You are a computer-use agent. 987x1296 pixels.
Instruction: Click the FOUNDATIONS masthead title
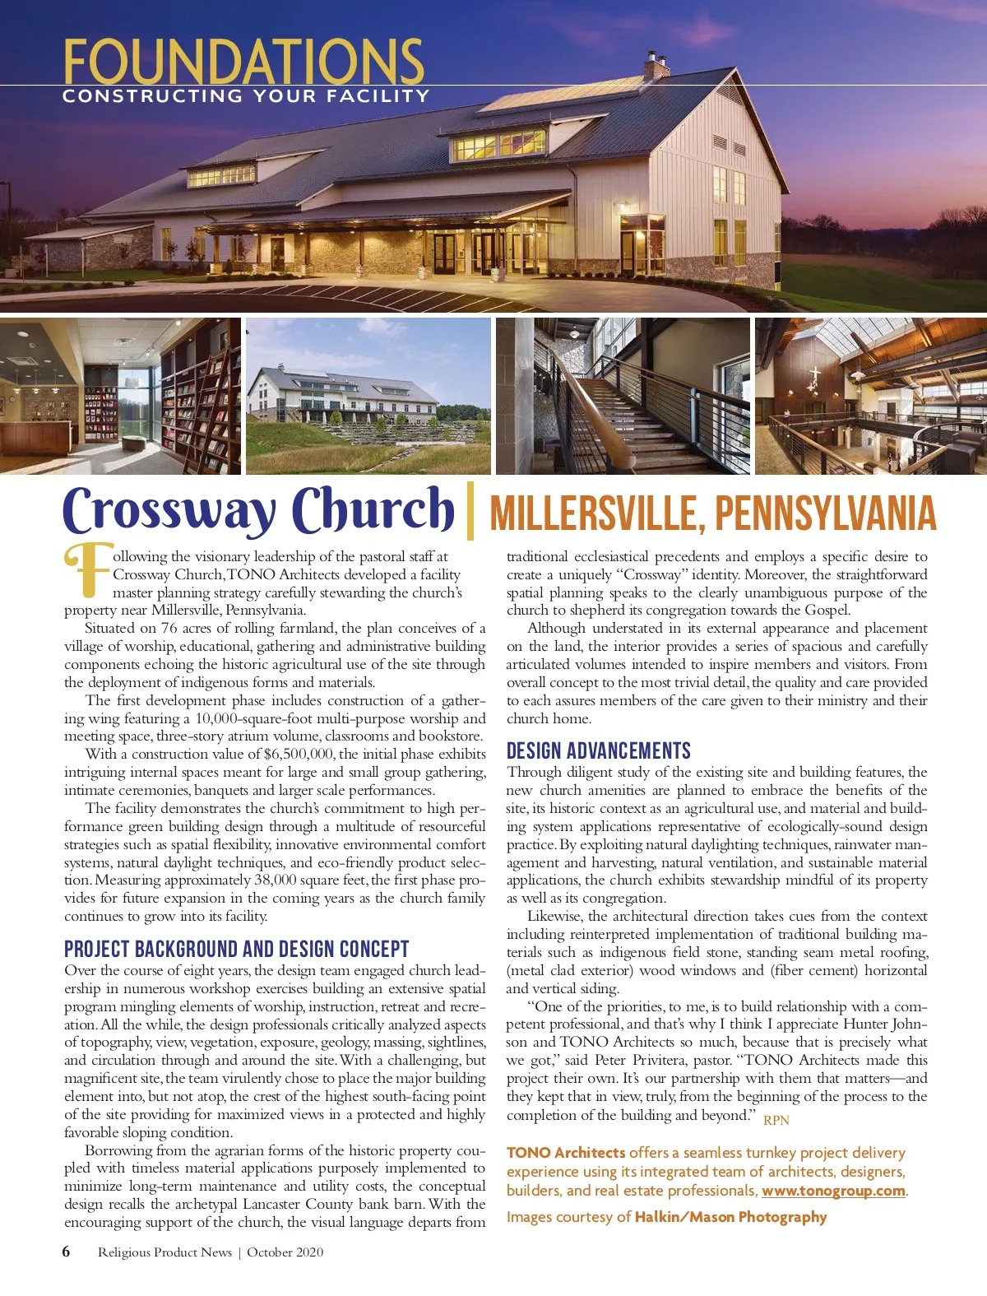tap(243, 61)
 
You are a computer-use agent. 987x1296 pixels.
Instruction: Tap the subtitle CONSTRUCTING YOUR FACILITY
tap(246, 96)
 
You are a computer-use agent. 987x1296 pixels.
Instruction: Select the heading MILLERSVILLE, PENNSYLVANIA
tap(712, 513)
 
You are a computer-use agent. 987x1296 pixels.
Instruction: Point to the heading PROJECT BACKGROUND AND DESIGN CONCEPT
tap(236, 949)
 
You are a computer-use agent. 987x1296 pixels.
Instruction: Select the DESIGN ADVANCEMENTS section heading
tap(598, 750)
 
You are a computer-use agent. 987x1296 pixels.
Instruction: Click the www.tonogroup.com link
tap(832, 1191)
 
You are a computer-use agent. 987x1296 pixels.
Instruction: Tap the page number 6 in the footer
tap(67, 1252)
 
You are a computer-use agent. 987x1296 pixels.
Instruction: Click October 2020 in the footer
tap(285, 1252)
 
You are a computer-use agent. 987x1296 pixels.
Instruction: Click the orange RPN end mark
tap(776, 1120)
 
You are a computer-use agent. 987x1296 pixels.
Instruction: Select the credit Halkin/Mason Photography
tap(730, 1216)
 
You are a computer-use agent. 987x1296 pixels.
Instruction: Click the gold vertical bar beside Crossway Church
tap(470, 511)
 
